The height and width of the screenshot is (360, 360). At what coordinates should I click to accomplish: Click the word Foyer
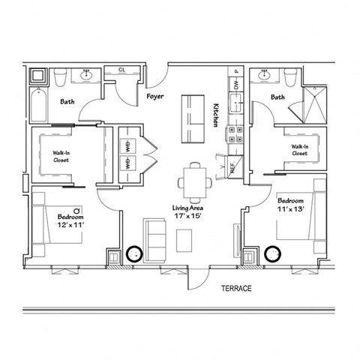pos(155,96)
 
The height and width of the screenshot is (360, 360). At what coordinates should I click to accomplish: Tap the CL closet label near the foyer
pos(122,70)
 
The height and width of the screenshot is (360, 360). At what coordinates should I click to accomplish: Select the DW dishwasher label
pos(236,88)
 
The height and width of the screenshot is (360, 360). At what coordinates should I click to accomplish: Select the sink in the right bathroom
pos(263,76)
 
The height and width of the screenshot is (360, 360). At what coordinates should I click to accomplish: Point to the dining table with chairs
pos(195,180)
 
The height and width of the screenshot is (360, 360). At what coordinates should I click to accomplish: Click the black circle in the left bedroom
pos(135,253)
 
